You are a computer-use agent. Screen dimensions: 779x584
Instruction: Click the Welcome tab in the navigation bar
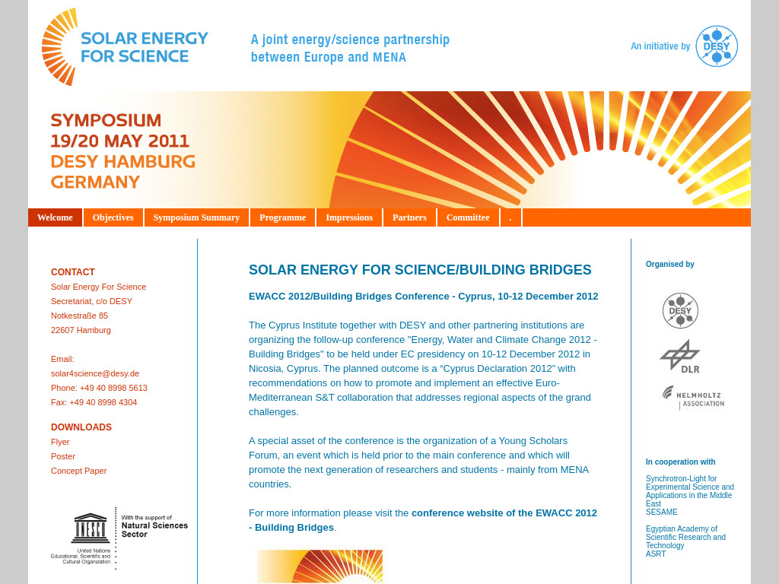(x=55, y=217)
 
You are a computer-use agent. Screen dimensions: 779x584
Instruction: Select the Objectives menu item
(x=113, y=217)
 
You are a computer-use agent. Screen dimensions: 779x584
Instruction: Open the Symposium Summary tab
(x=196, y=217)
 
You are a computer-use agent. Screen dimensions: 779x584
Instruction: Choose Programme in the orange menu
(x=282, y=217)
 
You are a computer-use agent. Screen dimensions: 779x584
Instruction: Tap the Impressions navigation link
(x=349, y=217)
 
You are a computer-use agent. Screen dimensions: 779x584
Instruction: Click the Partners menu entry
(x=409, y=217)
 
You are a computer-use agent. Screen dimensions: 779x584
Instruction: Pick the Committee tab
(x=468, y=217)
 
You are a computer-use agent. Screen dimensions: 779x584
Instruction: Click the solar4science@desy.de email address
(x=95, y=373)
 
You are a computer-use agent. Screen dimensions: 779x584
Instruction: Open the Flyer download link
(x=60, y=442)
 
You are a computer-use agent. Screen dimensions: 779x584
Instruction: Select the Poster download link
(x=63, y=456)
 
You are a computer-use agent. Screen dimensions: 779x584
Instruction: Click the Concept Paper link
(x=78, y=471)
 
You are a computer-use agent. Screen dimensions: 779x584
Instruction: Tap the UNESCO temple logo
(x=91, y=527)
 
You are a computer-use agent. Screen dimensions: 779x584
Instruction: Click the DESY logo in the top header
(x=717, y=46)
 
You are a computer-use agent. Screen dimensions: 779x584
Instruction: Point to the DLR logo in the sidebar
(x=681, y=357)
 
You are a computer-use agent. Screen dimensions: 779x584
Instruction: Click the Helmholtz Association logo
(x=693, y=397)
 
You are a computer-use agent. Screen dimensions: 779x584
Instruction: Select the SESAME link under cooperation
(x=661, y=512)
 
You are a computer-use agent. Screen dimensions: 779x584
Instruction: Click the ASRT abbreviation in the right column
(x=656, y=554)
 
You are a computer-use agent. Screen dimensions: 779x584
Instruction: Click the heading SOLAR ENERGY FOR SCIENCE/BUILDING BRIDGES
(x=420, y=270)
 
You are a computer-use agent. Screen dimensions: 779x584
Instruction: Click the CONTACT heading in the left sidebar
(x=73, y=272)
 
